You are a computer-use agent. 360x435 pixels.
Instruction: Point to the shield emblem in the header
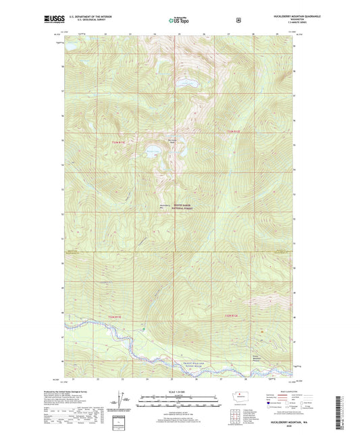click(x=238, y=20)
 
